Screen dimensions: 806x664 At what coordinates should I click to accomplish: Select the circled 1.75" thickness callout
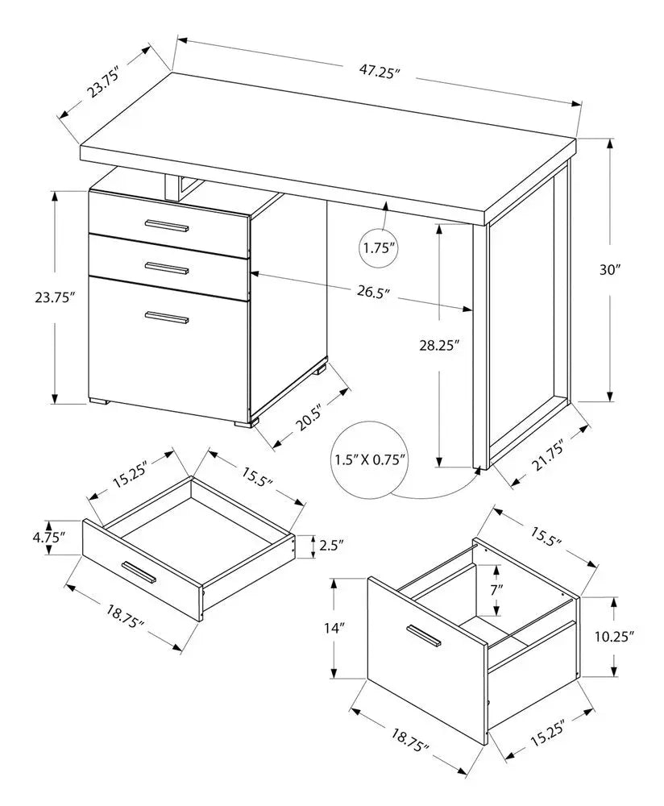tap(380, 248)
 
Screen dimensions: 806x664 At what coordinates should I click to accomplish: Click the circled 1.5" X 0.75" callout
tap(371, 460)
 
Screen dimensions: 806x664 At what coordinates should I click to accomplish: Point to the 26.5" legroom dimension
tap(370, 292)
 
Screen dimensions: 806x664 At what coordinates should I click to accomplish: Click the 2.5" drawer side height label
tap(330, 546)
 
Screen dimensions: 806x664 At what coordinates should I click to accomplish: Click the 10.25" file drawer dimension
tap(614, 636)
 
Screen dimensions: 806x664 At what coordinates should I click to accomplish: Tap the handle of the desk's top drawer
tap(166, 225)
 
